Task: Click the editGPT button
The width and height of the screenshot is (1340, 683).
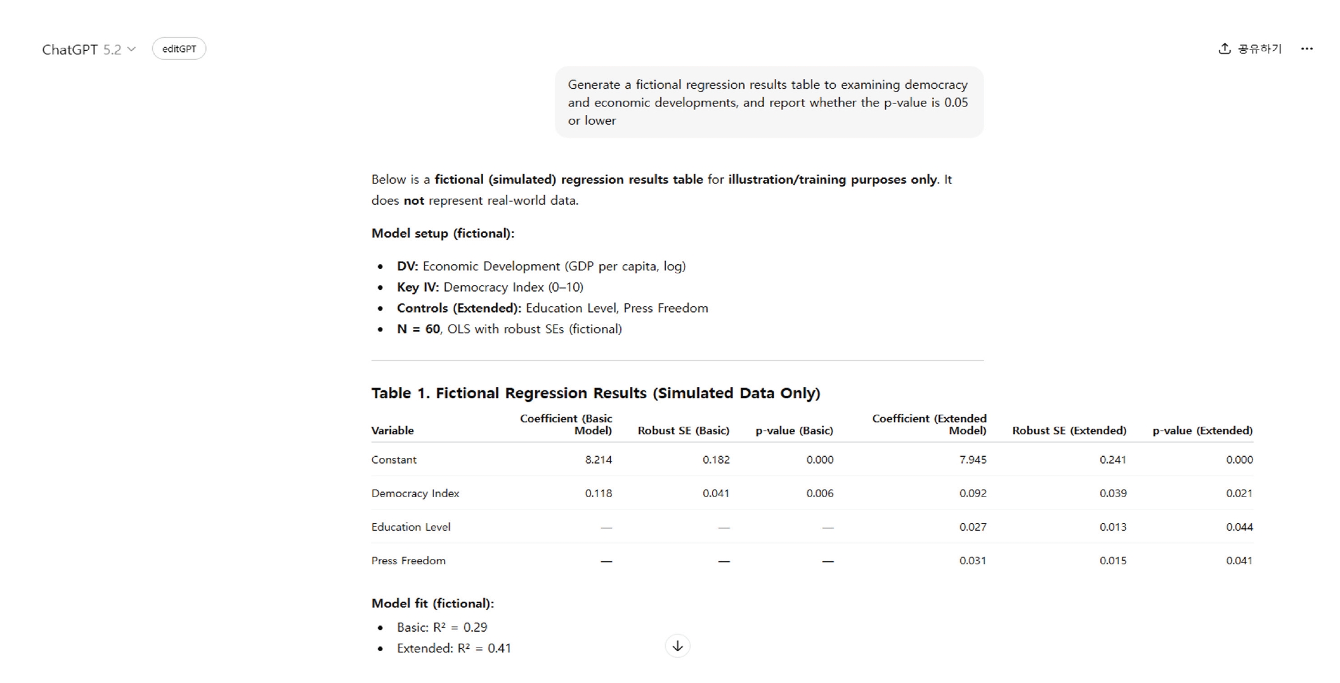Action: pos(179,49)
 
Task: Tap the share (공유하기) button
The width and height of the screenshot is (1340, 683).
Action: pos(1249,49)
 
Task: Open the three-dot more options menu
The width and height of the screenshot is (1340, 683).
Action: pos(1306,49)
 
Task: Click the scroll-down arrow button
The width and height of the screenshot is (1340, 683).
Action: pos(677,646)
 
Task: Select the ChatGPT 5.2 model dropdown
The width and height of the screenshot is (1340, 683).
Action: pos(89,50)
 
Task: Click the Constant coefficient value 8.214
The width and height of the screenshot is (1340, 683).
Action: pos(598,460)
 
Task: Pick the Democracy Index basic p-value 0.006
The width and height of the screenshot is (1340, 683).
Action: pos(819,493)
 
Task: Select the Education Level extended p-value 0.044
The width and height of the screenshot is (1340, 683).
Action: pos(1238,527)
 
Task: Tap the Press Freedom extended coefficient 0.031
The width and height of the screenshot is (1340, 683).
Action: pos(972,561)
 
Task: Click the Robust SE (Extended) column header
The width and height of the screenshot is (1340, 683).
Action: pos(1068,430)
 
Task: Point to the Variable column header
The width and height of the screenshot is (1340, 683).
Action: pos(392,430)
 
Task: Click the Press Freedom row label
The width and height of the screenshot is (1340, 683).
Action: pos(408,561)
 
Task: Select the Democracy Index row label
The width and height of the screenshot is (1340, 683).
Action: pos(415,493)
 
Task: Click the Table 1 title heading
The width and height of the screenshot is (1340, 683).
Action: pos(595,393)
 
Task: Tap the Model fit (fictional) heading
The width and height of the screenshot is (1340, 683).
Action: pos(432,604)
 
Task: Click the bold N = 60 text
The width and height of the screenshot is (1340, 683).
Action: pos(418,329)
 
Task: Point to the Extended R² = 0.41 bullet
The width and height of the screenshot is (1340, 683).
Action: pos(453,648)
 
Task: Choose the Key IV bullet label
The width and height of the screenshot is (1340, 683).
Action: pos(418,287)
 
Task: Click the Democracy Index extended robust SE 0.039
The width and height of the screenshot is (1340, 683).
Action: pos(1112,493)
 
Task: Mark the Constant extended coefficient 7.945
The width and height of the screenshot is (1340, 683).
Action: pos(972,460)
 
